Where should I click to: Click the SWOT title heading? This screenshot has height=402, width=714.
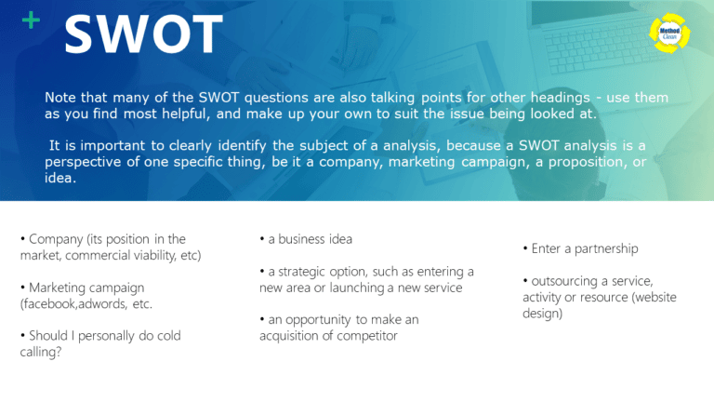click(x=143, y=35)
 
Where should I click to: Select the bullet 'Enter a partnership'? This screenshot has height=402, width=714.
click(x=581, y=249)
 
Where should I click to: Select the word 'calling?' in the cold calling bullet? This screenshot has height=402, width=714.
click(x=42, y=351)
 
